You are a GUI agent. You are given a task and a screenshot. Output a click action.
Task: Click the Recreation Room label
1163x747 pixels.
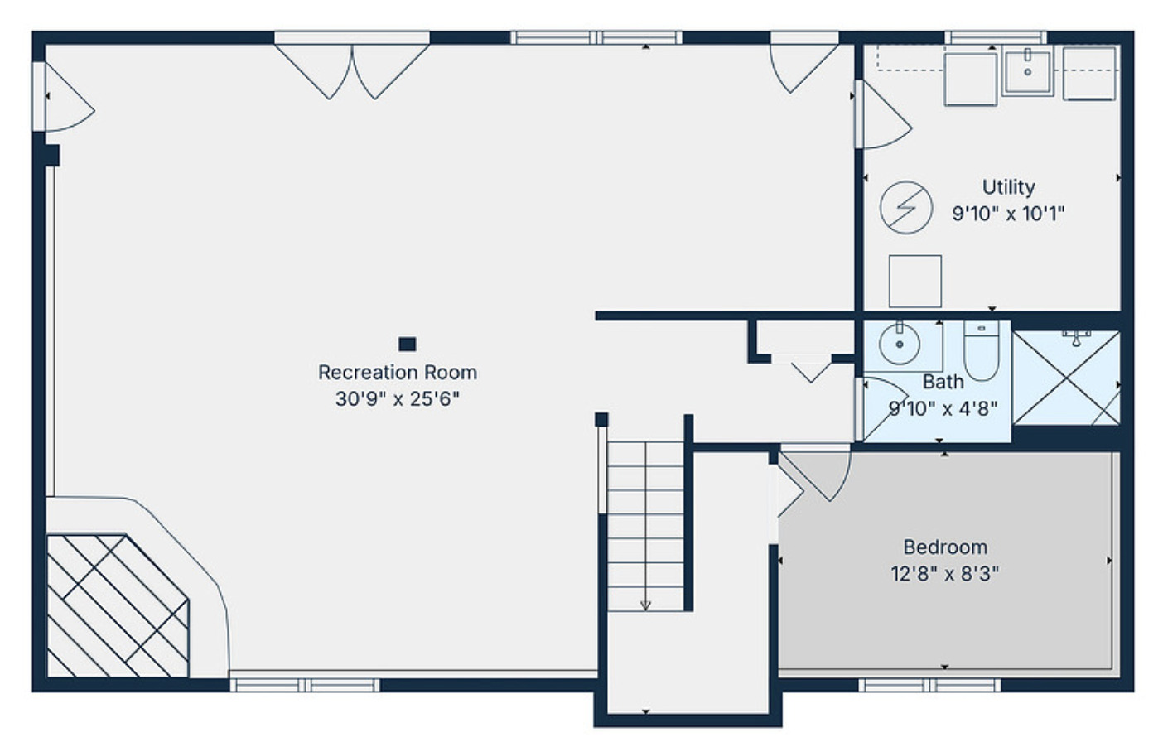click(398, 373)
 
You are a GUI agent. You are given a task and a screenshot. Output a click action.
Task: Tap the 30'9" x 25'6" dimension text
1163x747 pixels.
click(398, 399)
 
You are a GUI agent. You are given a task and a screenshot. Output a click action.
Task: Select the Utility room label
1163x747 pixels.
click(1008, 187)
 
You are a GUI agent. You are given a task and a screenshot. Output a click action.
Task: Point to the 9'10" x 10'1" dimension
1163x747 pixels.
click(1008, 214)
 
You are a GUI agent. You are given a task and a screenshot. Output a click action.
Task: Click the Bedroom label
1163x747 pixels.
click(944, 547)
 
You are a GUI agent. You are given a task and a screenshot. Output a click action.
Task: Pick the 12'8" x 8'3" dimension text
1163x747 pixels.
click(944, 574)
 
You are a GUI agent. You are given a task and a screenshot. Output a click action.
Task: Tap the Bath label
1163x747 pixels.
click(943, 382)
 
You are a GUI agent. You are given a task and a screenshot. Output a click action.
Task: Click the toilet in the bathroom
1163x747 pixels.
click(982, 351)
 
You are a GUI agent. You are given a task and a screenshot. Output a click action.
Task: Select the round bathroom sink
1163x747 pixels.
click(899, 344)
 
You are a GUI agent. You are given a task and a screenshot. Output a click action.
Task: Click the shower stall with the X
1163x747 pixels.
click(1066, 378)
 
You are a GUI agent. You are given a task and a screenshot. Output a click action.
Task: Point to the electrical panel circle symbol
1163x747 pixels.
click(905, 206)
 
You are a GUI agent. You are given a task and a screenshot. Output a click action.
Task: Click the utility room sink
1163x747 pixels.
click(1027, 71)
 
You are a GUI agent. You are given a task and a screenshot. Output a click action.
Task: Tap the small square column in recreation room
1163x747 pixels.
click(407, 344)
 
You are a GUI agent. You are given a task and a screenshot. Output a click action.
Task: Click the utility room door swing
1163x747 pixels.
click(882, 116)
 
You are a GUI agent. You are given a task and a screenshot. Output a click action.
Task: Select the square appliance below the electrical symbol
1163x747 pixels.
click(914, 282)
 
